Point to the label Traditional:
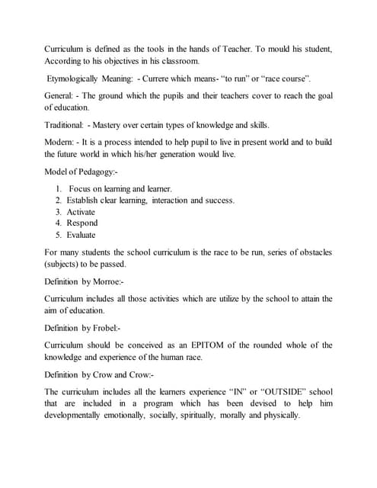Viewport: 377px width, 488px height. pyautogui.click(x=66, y=125)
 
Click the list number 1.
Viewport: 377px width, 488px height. pyautogui.click(x=59, y=188)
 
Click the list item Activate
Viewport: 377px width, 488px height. pyautogui.click(x=81, y=211)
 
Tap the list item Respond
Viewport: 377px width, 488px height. pyautogui.click(x=82, y=223)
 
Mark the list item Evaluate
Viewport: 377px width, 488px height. pyautogui.click(x=81, y=235)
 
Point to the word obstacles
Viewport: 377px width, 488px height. pyautogui.click(x=311, y=252)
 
